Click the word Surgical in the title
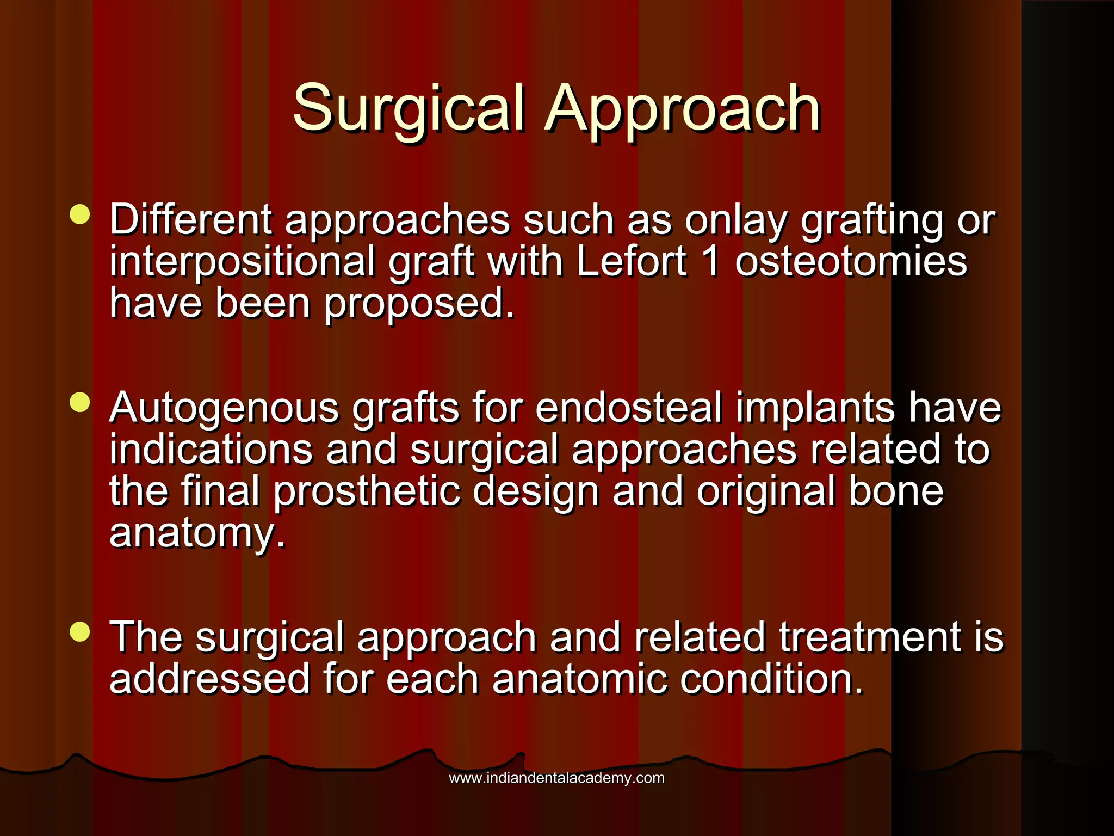click(409, 109)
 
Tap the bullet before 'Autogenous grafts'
click(80, 403)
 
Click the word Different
click(190, 220)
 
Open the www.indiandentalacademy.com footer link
click(556, 778)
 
